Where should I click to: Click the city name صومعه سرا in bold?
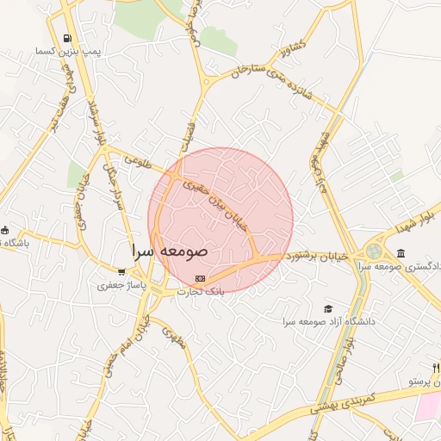coord(170,252)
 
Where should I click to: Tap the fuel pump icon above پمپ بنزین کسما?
coord(67,40)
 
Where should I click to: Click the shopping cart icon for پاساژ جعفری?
coord(121,270)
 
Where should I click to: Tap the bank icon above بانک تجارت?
coord(201,278)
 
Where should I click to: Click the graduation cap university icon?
coord(327,308)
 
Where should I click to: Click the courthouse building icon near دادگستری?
coord(401,252)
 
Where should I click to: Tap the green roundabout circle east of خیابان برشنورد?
coord(373,252)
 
